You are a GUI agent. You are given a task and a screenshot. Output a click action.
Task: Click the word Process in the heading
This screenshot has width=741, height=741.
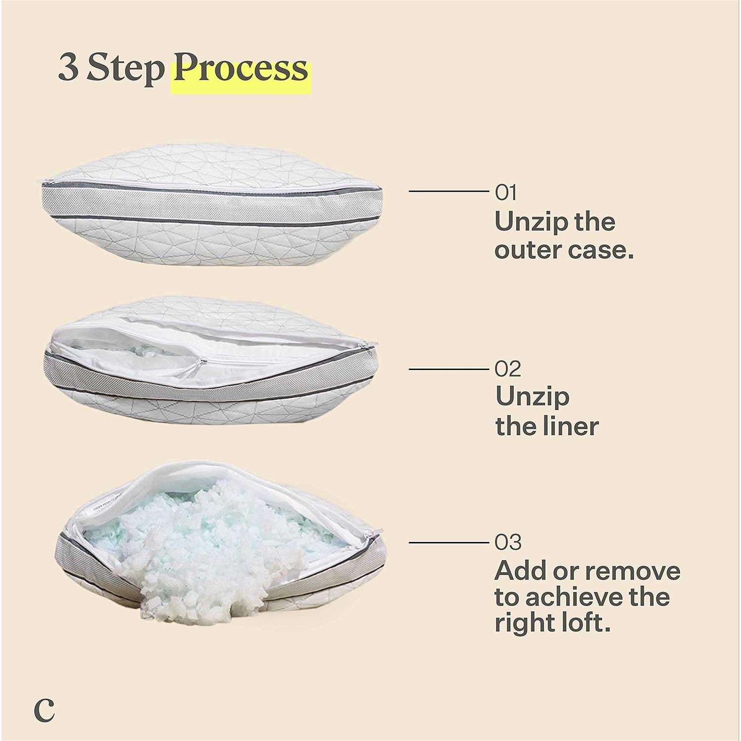241,70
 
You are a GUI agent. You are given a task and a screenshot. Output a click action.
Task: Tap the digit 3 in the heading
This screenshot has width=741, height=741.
69,68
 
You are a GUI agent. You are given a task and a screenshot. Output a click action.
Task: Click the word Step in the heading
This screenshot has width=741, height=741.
125,70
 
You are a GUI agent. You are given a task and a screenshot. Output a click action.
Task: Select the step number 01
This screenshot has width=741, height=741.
506,193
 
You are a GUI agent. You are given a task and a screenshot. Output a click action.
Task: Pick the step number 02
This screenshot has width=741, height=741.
508,369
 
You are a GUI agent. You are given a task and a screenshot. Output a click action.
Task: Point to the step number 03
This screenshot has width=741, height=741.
508,542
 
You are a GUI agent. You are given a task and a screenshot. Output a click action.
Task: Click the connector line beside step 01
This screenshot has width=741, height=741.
449,191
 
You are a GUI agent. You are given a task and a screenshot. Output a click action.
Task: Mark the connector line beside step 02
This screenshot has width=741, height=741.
449,369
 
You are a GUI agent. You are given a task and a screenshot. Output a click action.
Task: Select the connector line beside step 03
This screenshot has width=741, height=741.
449,542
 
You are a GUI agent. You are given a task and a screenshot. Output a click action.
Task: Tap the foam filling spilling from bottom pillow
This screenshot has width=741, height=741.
217,558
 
